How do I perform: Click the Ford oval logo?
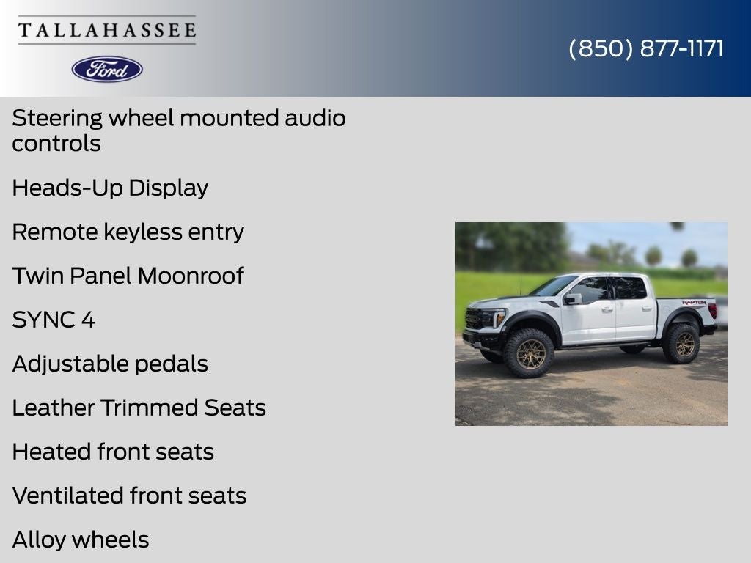pyautogui.click(x=107, y=70)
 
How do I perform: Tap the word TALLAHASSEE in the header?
pyautogui.click(x=107, y=30)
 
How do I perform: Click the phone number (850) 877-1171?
pyautogui.click(x=646, y=48)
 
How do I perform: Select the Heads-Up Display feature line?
pyautogui.click(x=110, y=188)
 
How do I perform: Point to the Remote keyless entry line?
pyautogui.click(x=128, y=232)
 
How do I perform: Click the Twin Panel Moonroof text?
pyautogui.click(x=128, y=276)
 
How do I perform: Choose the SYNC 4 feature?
pyautogui.click(x=54, y=320)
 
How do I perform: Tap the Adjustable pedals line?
pyautogui.click(x=110, y=364)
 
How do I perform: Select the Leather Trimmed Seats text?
pyautogui.click(x=139, y=408)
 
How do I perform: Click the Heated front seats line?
pyautogui.click(x=113, y=452)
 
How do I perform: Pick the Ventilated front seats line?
pyautogui.click(x=129, y=496)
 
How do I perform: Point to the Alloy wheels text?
pyautogui.click(x=81, y=540)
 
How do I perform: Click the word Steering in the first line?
pyautogui.click(x=57, y=119)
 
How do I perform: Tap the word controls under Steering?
pyautogui.click(x=56, y=144)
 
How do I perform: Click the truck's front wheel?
pyautogui.click(x=530, y=353)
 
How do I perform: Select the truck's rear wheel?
pyautogui.click(x=681, y=343)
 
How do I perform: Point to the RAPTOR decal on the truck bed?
pyautogui.click(x=694, y=303)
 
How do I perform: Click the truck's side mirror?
pyautogui.click(x=572, y=299)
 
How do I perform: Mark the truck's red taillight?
pyautogui.click(x=713, y=311)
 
